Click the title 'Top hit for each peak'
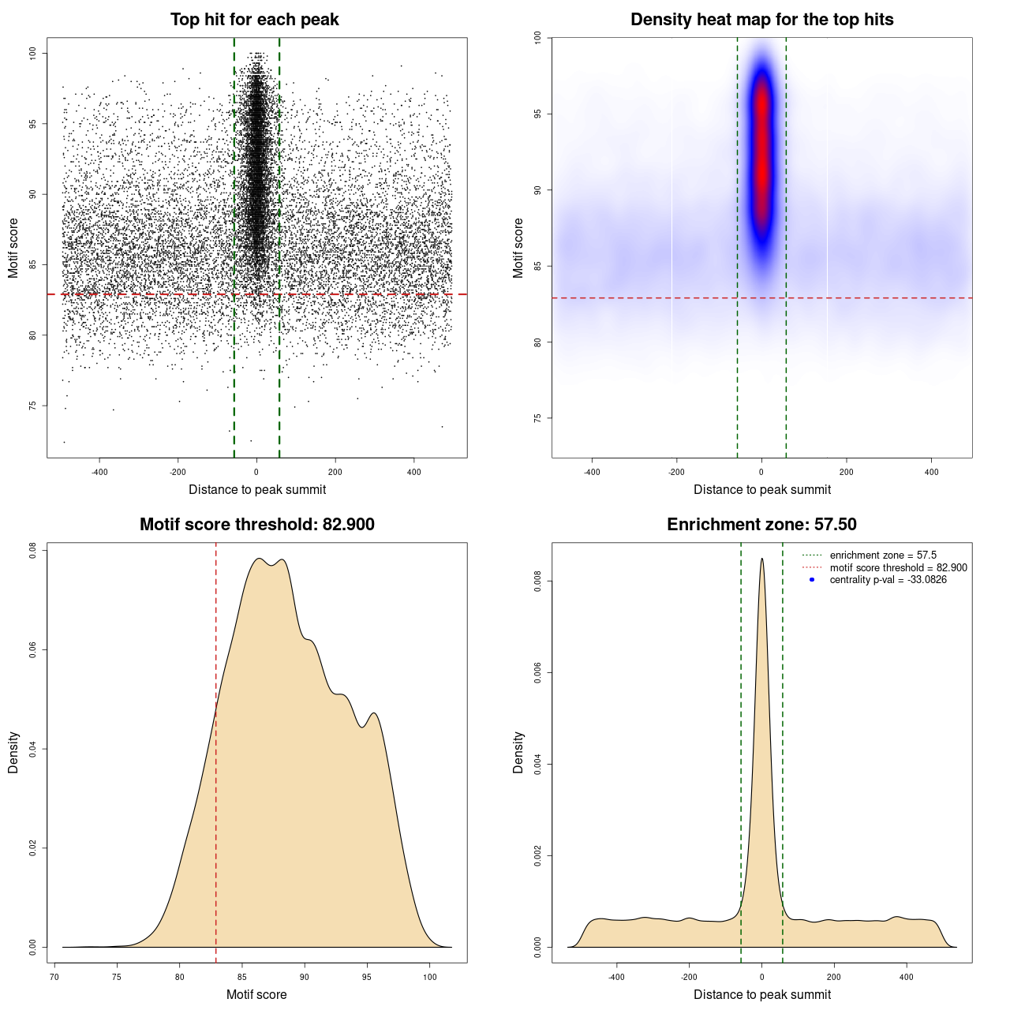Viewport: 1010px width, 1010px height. [254, 20]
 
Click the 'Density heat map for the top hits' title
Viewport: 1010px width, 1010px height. [761, 20]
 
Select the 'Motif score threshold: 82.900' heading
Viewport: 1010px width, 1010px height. [256, 525]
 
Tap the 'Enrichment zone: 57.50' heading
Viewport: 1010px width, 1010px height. [761, 525]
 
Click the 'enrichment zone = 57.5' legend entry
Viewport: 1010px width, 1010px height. [883, 555]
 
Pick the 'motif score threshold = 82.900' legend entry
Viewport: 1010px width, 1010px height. [898, 568]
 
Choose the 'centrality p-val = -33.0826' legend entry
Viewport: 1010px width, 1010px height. [888, 580]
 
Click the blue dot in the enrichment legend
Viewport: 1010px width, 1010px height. [812, 580]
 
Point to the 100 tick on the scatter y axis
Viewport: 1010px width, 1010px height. [33, 53]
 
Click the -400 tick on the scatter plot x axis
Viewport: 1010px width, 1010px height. [99, 472]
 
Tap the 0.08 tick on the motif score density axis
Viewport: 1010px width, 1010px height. [33, 550]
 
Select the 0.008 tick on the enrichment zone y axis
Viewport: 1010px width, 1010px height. [537, 582]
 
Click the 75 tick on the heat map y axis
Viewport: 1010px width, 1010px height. [537, 418]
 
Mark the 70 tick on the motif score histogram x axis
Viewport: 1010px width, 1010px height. [54, 977]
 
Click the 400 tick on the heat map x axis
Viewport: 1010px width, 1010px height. [931, 472]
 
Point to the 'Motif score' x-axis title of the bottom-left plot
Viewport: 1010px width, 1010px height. [256, 994]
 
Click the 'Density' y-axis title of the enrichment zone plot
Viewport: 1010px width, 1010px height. [518, 752]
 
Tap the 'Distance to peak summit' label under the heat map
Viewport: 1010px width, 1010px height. [761, 489]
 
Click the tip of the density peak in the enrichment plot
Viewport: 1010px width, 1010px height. [761, 559]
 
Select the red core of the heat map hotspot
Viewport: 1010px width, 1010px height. [761, 150]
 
